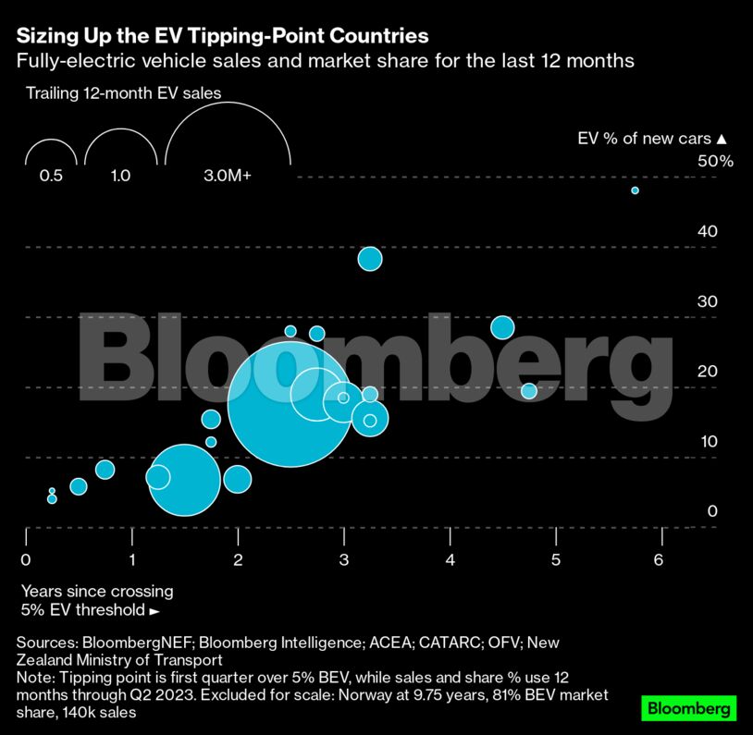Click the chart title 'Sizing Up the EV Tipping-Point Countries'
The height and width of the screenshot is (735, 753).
coord(222,36)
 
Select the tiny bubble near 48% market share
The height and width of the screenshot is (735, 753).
coord(635,190)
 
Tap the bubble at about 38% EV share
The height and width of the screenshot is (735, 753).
coord(370,259)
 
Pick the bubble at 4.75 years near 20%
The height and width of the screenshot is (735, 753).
coord(529,391)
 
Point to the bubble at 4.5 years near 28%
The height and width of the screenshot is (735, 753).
coord(502,327)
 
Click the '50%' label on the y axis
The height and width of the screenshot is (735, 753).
coord(715,161)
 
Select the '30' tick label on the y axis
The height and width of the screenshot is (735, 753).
coord(708,300)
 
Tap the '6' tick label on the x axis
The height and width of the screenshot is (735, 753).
coord(659,560)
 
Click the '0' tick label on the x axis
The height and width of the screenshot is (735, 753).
coord(26,560)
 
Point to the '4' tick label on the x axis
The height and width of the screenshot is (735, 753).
coord(451,560)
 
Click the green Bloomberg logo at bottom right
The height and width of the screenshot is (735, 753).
coord(689,708)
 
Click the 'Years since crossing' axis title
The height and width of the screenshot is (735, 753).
coord(97,592)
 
